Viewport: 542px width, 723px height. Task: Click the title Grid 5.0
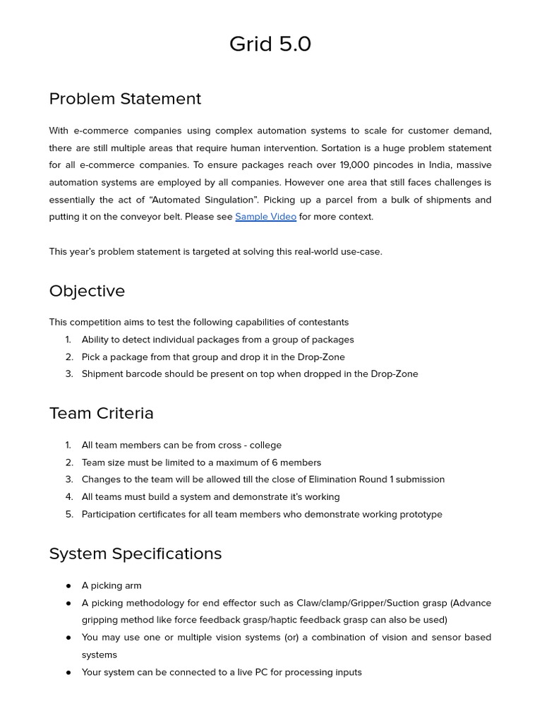pyautogui.click(x=270, y=44)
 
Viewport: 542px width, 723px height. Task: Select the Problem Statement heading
pyautogui.click(x=125, y=99)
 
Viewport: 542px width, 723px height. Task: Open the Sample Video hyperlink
pyautogui.click(x=265, y=217)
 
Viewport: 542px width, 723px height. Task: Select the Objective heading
pyautogui.click(x=87, y=291)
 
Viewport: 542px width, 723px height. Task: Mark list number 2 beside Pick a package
pyautogui.click(x=69, y=357)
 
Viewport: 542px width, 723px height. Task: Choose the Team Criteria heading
pyautogui.click(x=101, y=413)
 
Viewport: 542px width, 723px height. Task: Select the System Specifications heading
pyautogui.click(x=135, y=554)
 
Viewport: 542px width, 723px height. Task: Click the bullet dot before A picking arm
pyautogui.click(x=68, y=586)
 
